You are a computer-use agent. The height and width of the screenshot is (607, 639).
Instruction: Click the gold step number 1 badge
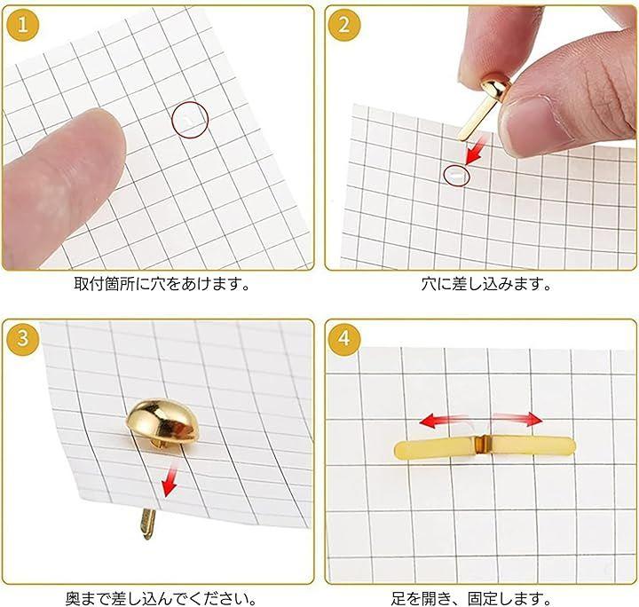click(23, 25)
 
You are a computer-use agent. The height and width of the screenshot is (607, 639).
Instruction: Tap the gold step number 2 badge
click(344, 25)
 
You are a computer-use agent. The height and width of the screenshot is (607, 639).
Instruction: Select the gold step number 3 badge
click(23, 339)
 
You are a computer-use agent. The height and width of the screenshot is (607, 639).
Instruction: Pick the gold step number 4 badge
click(344, 339)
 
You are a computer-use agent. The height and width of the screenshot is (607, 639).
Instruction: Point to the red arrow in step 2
click(476, 150)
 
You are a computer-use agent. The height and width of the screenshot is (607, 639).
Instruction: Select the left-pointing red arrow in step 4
click(443, 421)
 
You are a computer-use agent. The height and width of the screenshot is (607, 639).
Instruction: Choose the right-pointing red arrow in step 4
click(518, 418)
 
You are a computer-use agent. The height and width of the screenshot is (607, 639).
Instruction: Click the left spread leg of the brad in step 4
click(434, 448)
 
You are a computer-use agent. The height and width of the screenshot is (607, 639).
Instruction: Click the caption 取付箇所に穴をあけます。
click(162, 284)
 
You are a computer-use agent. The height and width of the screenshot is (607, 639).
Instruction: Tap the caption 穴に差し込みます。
click(485, 284)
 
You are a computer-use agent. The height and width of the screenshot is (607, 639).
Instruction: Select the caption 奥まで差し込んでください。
click(162, 598)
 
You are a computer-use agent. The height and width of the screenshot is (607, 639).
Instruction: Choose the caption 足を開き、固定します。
click(471, 598)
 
